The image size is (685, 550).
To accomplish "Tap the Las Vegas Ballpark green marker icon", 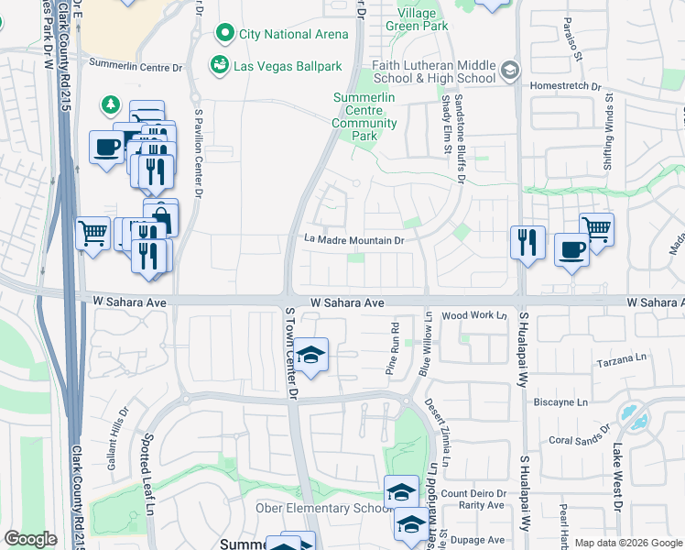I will coord(219,65).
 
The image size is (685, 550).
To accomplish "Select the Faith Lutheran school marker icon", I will coord(510,70).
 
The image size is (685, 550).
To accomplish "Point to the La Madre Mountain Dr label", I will coord(354,240).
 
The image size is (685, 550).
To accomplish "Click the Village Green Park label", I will coord(423,19).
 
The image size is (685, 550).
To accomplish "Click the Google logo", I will coord(30,538).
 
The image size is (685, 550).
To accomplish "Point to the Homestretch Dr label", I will coord(570,87).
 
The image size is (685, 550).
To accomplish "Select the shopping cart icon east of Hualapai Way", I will coord(596,228).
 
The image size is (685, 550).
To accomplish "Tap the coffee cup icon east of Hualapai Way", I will coord(571,249).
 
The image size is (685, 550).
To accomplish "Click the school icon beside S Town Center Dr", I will coord(311,355).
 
